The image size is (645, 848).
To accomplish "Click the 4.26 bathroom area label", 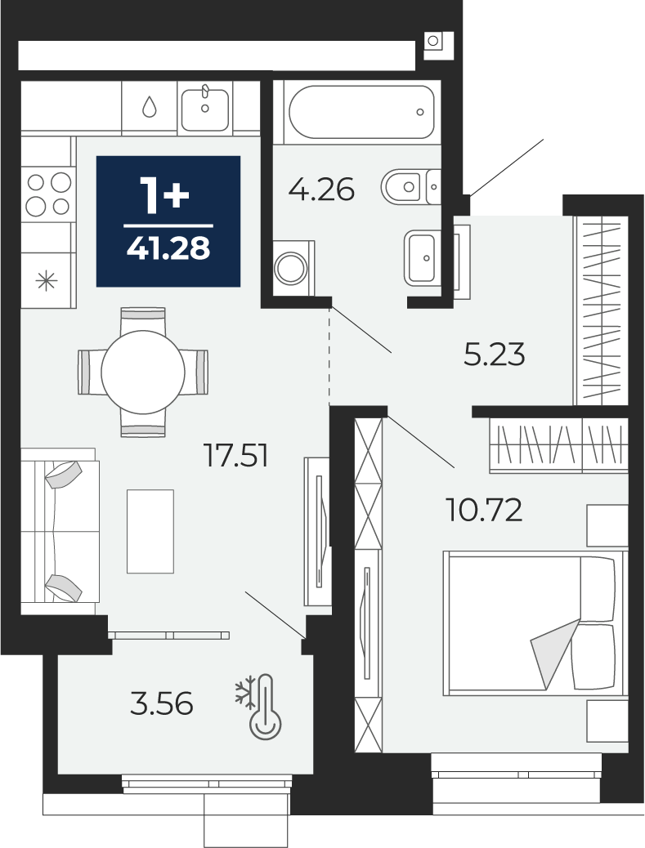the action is (x=321, y=190).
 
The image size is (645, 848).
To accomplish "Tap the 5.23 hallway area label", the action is (x=495, y=355).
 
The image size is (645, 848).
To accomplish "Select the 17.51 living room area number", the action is (x=236, y=455).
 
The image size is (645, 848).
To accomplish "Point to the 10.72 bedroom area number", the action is (x=484, y=510).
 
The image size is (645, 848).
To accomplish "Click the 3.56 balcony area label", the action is (x=162, y=704).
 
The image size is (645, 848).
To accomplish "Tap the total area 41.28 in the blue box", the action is (x=168, y=249).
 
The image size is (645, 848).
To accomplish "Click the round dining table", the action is (x=143, y=372).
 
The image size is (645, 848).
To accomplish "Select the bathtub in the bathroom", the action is (x=361, y=112).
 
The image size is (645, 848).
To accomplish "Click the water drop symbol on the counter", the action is (x=150, y=107).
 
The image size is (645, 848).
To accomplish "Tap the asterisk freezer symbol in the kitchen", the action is (x=46, y=281).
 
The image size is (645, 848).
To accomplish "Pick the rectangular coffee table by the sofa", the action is (x=150, y=531).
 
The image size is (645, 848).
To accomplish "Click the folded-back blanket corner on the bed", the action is (x=553, y=654).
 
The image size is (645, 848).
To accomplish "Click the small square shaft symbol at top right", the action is (x=433, y=41).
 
